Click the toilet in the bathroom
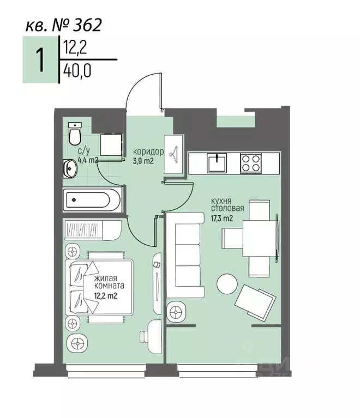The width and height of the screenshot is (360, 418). coord(75,134)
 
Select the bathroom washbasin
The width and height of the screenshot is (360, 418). coord(70,168)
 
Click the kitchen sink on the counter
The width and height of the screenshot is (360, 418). coord(217,163)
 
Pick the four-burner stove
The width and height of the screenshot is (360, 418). coord(250,163)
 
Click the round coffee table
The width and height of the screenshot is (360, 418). coord(227,284)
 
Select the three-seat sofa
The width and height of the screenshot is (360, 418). coord(185,255)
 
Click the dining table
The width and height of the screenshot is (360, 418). coord(259,238)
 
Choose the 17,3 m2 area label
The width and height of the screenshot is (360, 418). coord(222,219)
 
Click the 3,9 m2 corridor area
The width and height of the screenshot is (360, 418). coord(143,160)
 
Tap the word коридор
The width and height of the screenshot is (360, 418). coord(148,152)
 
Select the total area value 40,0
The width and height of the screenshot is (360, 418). coord(77,71)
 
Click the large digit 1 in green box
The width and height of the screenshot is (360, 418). coord(40,60)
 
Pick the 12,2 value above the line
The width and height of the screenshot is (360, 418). coord(75,48)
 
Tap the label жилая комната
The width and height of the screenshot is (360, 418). coord(109,282)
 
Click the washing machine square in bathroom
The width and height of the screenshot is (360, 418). coord(111,145)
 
